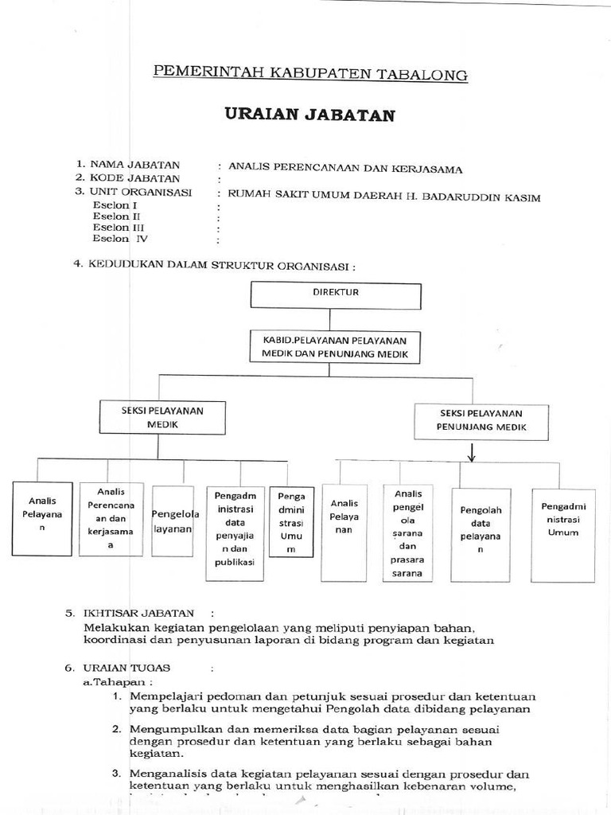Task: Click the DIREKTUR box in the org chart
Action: click(335, 294)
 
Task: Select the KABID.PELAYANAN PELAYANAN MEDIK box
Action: click(335, 347)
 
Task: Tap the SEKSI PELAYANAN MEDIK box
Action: click(162, 418)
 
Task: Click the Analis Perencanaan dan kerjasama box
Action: click(111, 519)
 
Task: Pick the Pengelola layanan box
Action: click(174, 521)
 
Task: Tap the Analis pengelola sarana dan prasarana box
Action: click(407, 533)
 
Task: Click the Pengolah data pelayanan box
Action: click(480, 532)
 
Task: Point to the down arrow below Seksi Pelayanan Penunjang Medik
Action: click(471, 453)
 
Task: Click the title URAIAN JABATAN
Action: click(309, 115)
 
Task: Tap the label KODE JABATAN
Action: click(134, 179)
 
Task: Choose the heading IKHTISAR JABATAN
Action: click(139, 614)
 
